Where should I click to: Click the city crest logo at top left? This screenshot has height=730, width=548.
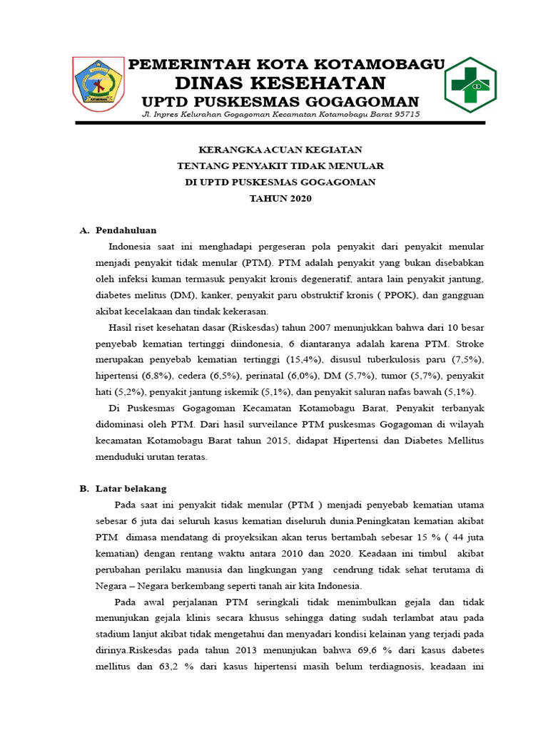point(98,84)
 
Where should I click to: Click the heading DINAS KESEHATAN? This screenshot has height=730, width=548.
point(280,83)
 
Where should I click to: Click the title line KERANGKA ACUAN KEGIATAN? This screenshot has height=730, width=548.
point(280,149)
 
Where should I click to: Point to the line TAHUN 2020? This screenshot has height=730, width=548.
point(280,199)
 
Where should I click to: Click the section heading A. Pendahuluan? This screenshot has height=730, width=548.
point(118,230)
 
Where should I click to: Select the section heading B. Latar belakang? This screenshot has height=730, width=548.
point(122,488)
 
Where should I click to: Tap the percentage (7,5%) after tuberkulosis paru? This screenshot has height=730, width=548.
point(464,359)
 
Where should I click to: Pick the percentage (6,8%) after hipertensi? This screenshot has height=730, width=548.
point(156,375)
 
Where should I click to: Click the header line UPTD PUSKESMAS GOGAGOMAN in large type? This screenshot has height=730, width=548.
point(280,101)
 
